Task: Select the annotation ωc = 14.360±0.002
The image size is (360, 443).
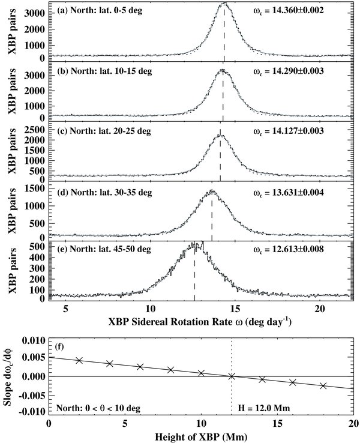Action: tap(288, 10)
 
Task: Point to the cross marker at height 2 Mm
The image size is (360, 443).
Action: tap(79, 360)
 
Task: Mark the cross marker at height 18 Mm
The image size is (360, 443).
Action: tap(323, 385)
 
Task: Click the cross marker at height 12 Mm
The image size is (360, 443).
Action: tap(232, 376)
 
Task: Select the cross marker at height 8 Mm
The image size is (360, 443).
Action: tap(170, 370)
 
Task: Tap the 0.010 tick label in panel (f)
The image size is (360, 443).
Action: tap(34, 340)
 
